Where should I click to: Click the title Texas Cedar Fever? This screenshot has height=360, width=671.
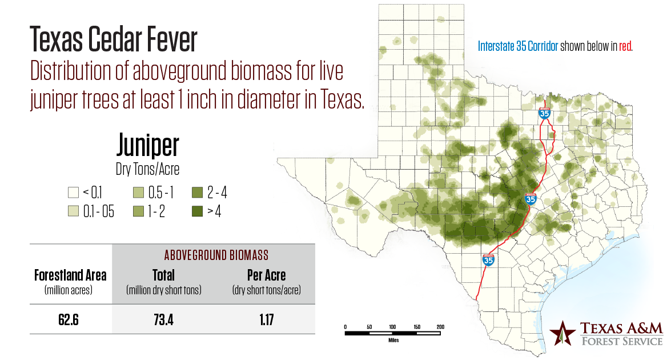pos(114,41)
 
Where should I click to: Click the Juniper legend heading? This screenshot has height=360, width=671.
pos(147,146)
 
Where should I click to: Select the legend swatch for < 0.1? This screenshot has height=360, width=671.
pos(73,193)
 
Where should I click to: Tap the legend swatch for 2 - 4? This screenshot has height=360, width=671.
pos(197,193)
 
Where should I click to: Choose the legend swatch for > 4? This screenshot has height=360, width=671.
pos(197,211)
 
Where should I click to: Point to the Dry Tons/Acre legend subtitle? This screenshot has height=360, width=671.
pos(147,169)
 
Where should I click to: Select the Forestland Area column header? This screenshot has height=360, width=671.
pos(70,275)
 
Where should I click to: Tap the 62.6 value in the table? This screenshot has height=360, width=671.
pos(68,319)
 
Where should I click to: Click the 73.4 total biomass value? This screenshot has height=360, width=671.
pos(163,319)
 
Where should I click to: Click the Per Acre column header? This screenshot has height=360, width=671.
pos(266,275)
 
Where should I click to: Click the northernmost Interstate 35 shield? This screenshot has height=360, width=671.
pos(544,113)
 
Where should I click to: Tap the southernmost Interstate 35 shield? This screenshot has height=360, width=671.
pos(488,260)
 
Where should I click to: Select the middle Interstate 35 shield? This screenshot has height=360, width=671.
pos(531,199)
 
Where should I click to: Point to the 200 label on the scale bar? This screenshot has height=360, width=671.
pos(440,326)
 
